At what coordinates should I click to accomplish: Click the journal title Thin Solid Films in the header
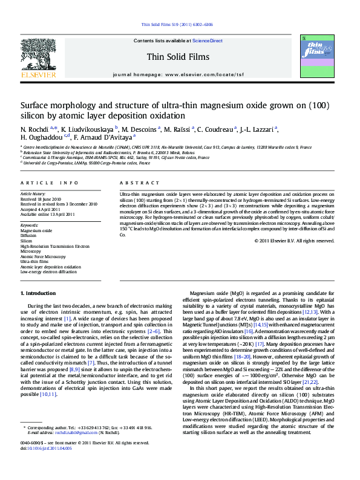pyautogui.click(x=177, y=57)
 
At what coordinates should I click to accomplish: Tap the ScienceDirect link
pyautogui.click(x=208, y=41)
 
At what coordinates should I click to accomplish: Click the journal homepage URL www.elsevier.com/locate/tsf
pyautogui.click(x=202, y=74)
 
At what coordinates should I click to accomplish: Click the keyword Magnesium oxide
pyautogui.click(x=36, y=231)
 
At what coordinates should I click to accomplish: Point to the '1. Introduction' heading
pyautogui.click(x=38, y=293)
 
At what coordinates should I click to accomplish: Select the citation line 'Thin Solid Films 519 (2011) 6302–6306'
pyautogui.click(x=177, y=24)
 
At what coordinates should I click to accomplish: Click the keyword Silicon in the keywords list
pyautogui.click(x=28, y=241)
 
